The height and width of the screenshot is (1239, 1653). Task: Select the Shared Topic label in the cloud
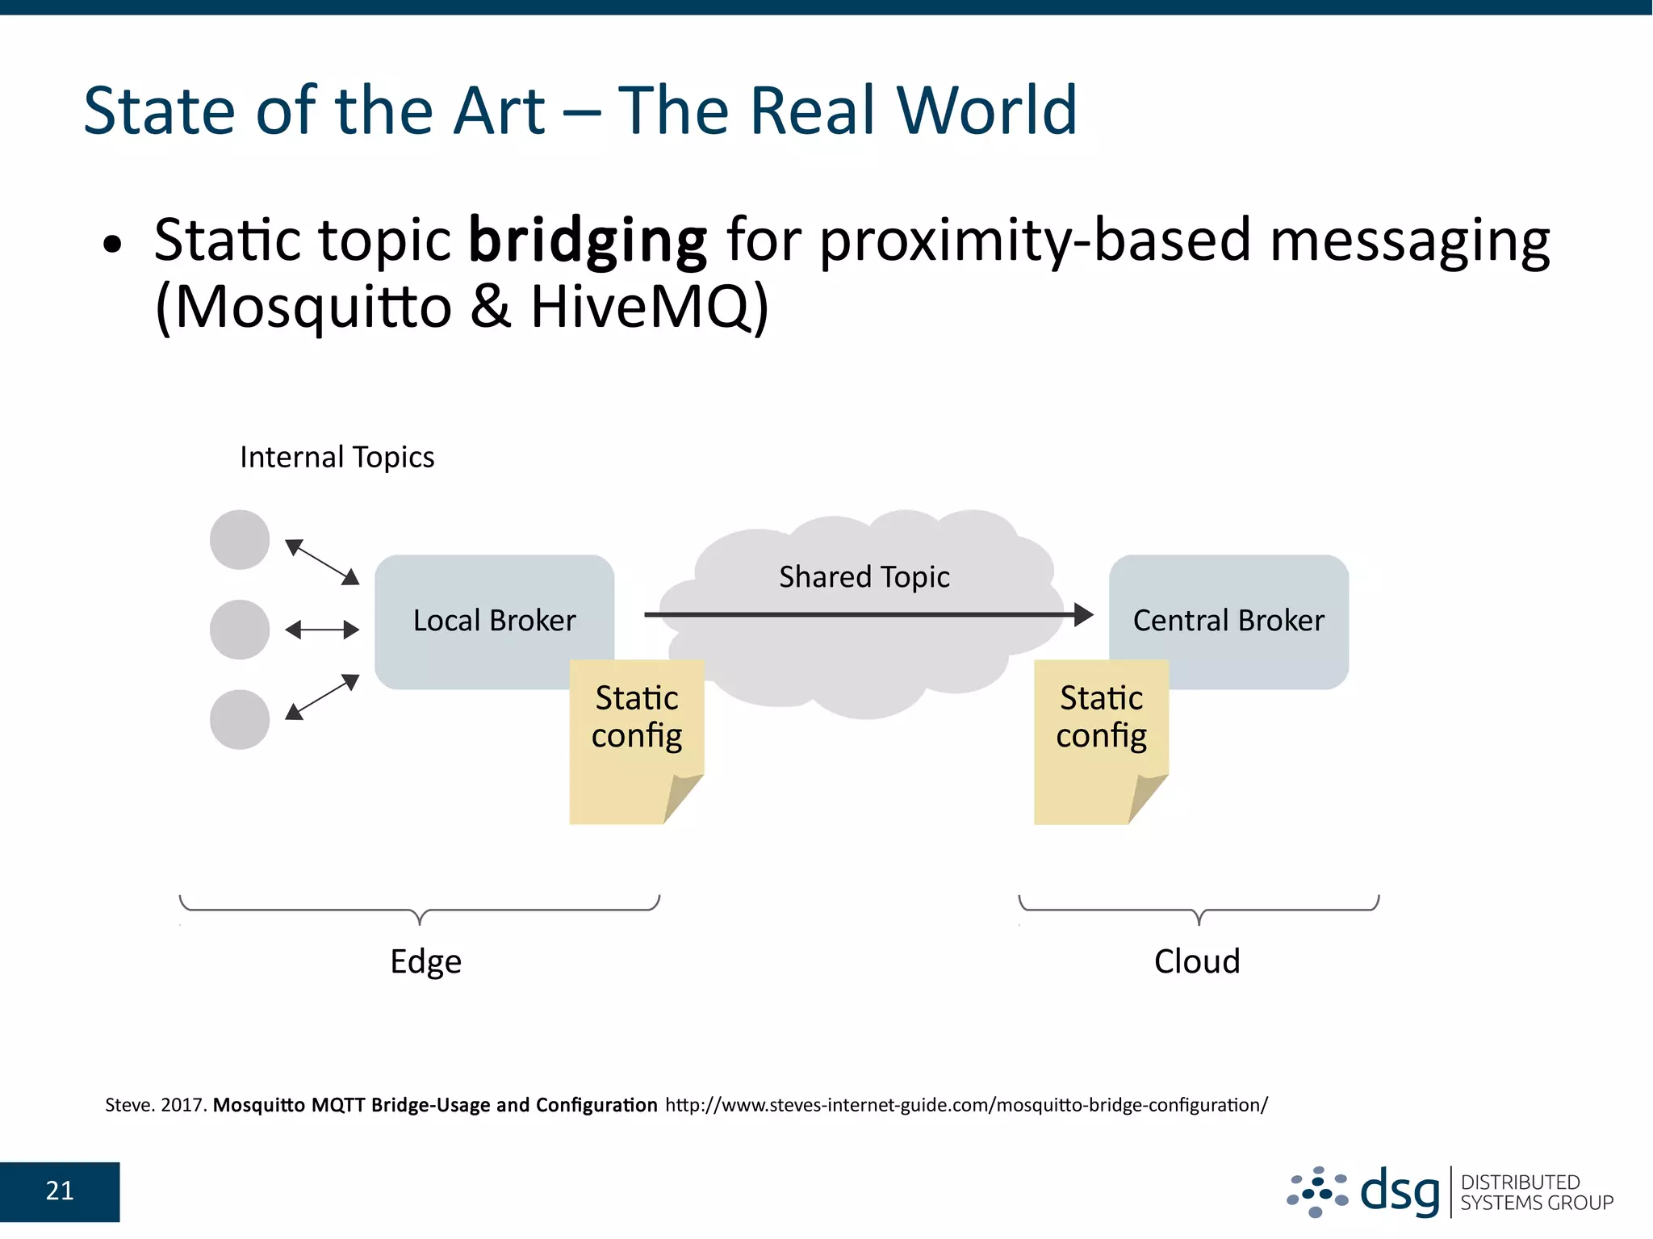point(864,577)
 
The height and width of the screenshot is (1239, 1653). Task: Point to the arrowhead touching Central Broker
point(1084,615)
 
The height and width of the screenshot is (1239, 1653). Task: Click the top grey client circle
point(240,539)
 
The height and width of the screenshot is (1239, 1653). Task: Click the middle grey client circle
point(240,630)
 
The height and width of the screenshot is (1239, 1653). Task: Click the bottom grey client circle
point(240,719)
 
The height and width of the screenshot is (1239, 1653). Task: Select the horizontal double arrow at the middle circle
point(322,630)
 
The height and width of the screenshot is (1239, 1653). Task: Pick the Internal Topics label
point(337,457)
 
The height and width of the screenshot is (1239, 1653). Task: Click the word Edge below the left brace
point(425,961)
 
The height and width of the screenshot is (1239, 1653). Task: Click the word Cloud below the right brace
point(1196,961)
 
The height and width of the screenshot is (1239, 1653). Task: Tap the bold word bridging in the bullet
point(588,241)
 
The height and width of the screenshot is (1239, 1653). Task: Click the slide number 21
point(60,1191)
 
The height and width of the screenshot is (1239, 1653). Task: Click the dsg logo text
point(1399,1192)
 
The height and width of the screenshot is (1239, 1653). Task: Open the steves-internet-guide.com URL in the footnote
point(966,1105)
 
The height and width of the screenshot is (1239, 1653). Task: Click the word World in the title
point(986,111)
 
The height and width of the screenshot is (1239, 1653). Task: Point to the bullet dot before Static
point(112,245)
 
